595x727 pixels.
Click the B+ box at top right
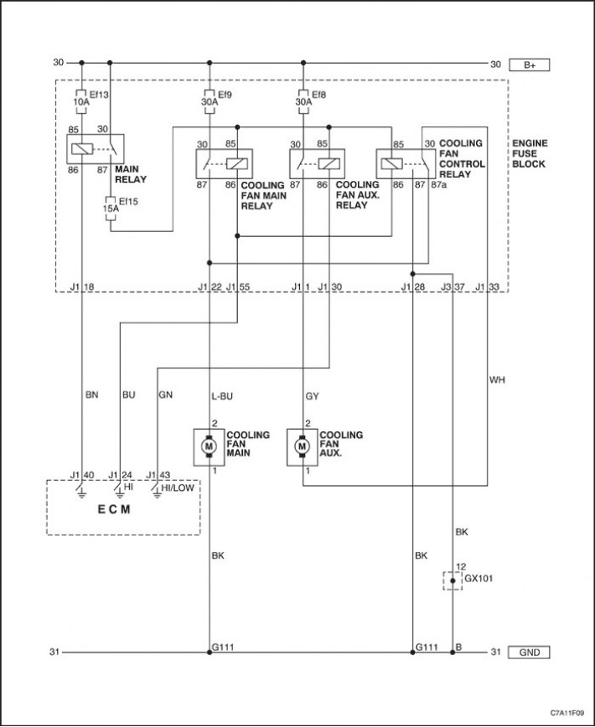[529, 65]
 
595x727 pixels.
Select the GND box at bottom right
[529, 652]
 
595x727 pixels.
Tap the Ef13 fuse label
[99, 95]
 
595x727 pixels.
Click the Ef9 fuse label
[225, 95]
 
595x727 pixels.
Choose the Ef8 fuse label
[319, 95]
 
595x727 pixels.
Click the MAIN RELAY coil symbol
[82, 149]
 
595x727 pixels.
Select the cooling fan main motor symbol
[209, 446]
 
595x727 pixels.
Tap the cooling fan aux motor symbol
[303, 446]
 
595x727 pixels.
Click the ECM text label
[114, 509]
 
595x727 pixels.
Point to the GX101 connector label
[479, 579]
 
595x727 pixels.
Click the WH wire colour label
[497, 380]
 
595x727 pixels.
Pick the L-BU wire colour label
[222, 396]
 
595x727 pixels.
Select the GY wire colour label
[312, 396]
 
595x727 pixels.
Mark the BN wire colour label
[92, 395]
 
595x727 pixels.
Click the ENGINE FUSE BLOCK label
[530, 153]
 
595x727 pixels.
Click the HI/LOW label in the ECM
[178, 487]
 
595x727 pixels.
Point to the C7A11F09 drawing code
[567, 713]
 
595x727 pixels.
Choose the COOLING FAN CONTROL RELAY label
[462, 158]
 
